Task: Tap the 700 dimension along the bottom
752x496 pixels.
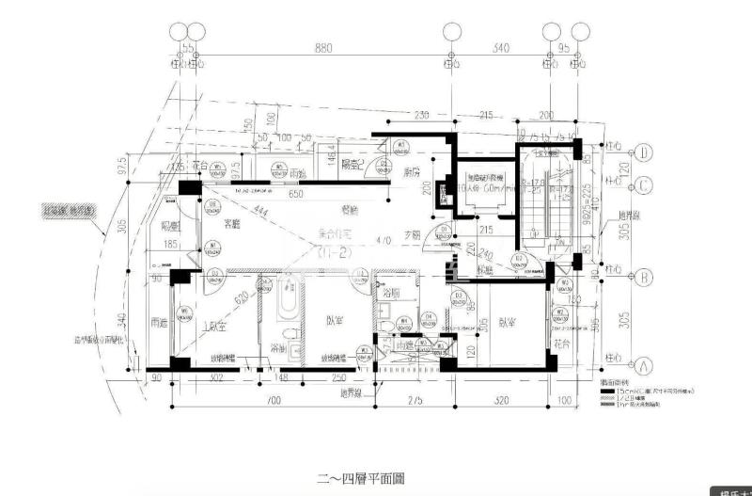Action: tap(274, 401)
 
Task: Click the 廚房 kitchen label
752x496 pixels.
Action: tap(410, 173)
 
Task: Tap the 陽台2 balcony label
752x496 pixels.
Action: tap(352, 164)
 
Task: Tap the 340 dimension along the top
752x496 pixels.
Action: tap(500, 47)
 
